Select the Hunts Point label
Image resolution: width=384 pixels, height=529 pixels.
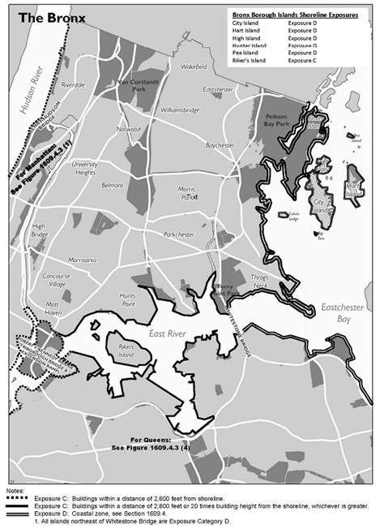tap(127, 299)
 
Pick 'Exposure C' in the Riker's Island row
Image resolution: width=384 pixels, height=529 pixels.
tap(304, 60)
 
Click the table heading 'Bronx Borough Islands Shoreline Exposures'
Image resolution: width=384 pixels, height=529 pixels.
tap(295, 15)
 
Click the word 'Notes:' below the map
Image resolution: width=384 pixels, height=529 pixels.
tap(15, 491)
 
